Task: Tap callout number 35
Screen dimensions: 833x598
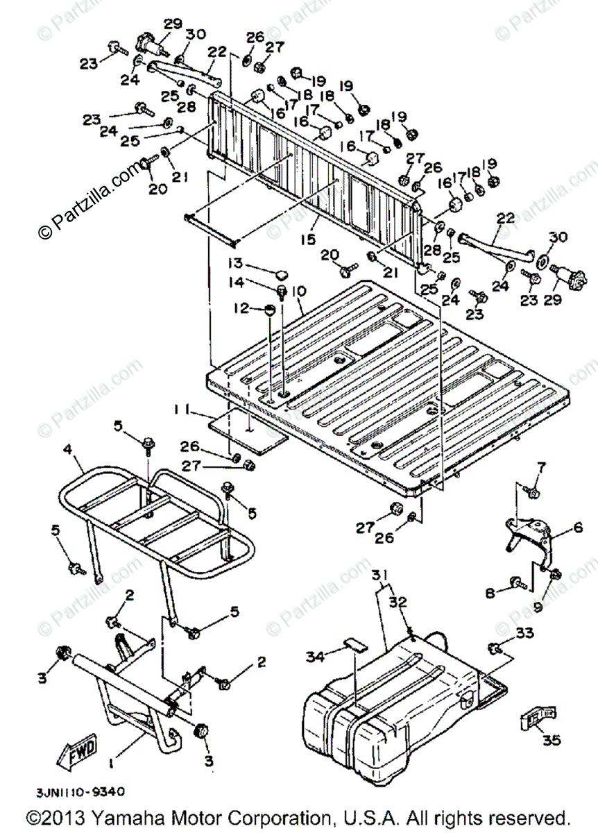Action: coord(551,741)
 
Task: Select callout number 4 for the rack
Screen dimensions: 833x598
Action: coord(68,450)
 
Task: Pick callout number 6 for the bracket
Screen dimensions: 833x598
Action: coord(577,529)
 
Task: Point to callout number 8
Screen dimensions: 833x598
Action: coord(489,593)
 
